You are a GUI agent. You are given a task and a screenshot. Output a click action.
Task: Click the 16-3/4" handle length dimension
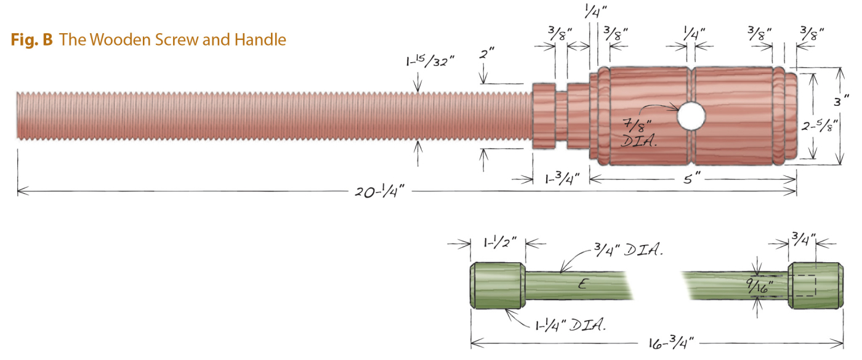point(672,343)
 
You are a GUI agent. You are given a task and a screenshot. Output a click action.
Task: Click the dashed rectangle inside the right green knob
point(804,286)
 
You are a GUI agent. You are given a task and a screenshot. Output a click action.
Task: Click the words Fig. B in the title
point(31,41)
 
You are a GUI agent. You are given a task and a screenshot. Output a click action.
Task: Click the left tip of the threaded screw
point(19,115)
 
